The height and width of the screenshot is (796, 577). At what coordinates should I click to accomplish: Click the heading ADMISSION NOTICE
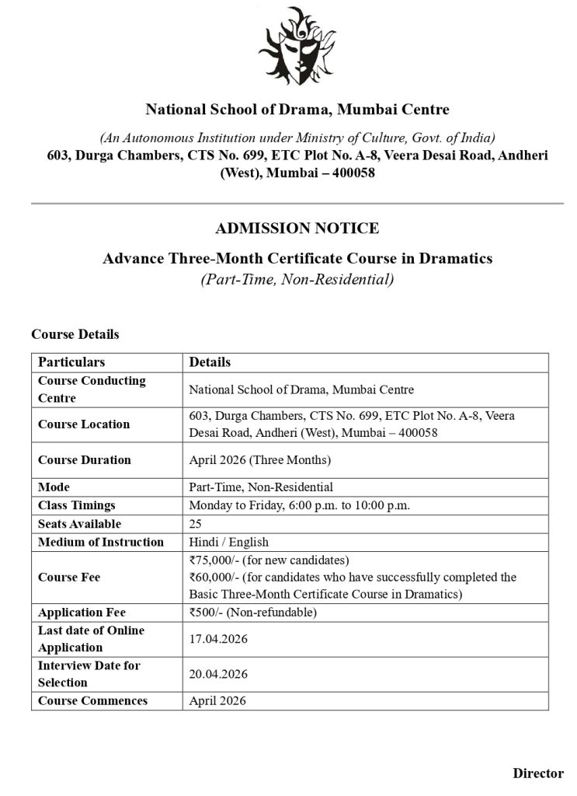tap(297, 229)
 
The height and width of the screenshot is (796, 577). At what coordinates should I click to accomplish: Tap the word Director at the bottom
tap(537, 773)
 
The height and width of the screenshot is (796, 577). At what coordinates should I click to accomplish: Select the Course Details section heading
tap(75, 334)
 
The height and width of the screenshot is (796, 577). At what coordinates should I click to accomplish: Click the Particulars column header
tap(71, 362)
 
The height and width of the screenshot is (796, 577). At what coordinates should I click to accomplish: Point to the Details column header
tap(210, 362)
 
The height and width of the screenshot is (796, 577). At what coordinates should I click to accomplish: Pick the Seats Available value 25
tap(196, 524)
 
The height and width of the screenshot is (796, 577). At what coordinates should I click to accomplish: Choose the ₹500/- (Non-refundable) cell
tap(252, 613)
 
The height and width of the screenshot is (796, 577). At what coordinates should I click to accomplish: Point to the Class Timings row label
tap(76, 505)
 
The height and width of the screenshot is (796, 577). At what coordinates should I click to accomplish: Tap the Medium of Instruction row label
tap(101, 542)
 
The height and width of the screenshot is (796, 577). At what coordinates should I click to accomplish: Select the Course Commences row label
tap(92, 700)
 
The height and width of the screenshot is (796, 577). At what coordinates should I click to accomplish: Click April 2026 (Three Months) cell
tap(259, 460)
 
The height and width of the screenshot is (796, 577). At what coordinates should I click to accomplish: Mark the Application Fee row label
tap(82, 613)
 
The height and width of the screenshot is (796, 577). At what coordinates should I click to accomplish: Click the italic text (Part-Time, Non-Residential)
tap(297, 278)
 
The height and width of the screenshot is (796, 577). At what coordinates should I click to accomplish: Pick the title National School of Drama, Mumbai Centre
tap(297, 110)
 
